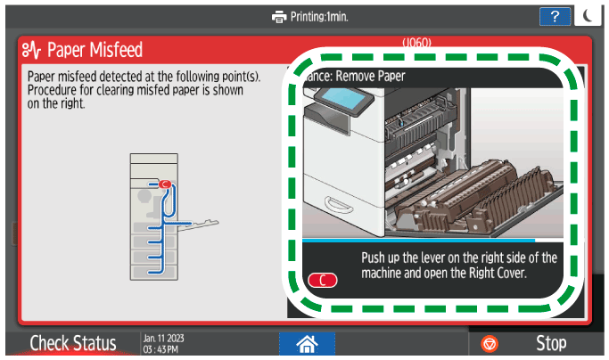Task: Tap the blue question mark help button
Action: (554, 16)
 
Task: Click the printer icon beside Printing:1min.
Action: (280, 16)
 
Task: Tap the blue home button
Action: (304, 342)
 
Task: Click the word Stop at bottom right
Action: (551, 343)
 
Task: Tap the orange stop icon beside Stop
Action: (490, 343)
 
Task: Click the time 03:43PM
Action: (160, 348)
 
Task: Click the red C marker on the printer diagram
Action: (165, 184)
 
